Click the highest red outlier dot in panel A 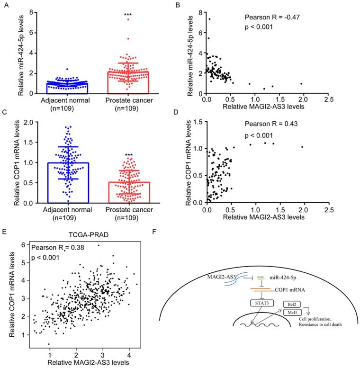127,20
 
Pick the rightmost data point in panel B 301,84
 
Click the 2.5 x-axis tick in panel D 329,208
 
